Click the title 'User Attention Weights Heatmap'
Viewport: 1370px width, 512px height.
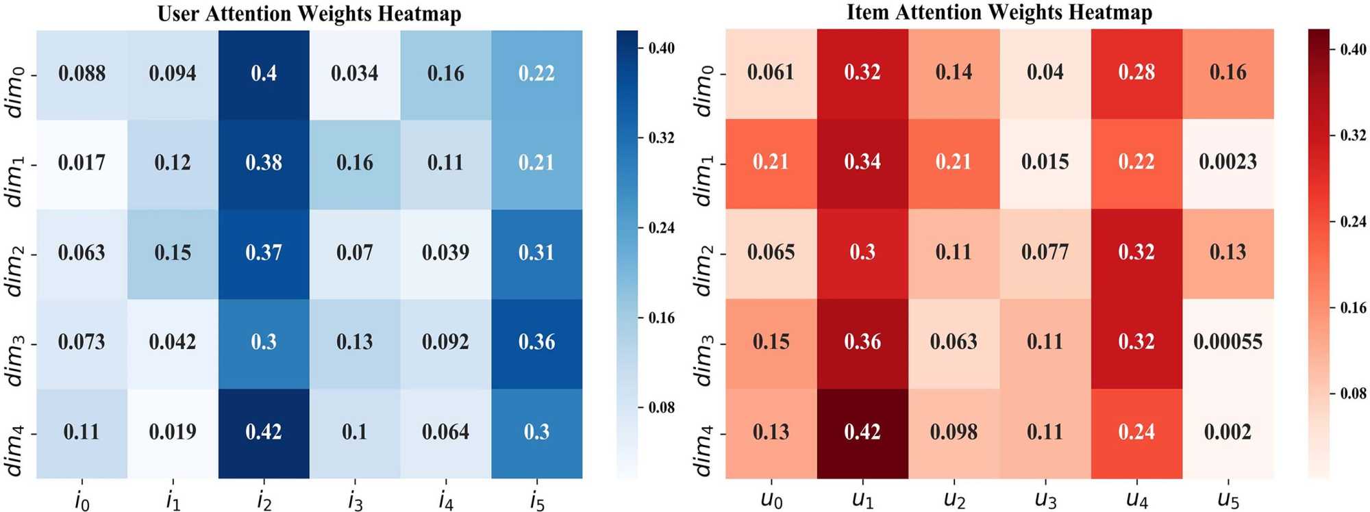point(309,14)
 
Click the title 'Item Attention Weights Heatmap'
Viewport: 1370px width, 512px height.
point(999,12)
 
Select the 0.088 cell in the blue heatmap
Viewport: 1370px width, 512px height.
point(82,73)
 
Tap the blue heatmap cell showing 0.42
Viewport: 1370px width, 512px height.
point(264,432)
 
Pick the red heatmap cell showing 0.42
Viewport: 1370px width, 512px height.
point(862,432)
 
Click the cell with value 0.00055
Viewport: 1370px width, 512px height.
point(1228,342)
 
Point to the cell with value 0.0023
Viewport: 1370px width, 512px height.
point(1228,162)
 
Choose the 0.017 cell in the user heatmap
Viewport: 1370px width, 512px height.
point(82,163)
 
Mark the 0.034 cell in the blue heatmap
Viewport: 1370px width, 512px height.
point(354,73)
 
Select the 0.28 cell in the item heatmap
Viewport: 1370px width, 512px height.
point(1136,73)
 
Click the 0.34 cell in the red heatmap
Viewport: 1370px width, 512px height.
point(862,162)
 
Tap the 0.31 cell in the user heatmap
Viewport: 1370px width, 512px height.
point(536,253)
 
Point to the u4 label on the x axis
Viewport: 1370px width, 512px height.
point(1136,500)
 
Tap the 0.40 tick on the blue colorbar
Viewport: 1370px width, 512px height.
point(661,49)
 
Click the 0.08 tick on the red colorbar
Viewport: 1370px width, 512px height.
point(1352,394)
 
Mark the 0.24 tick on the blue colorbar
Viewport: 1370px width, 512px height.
point(661,228)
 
